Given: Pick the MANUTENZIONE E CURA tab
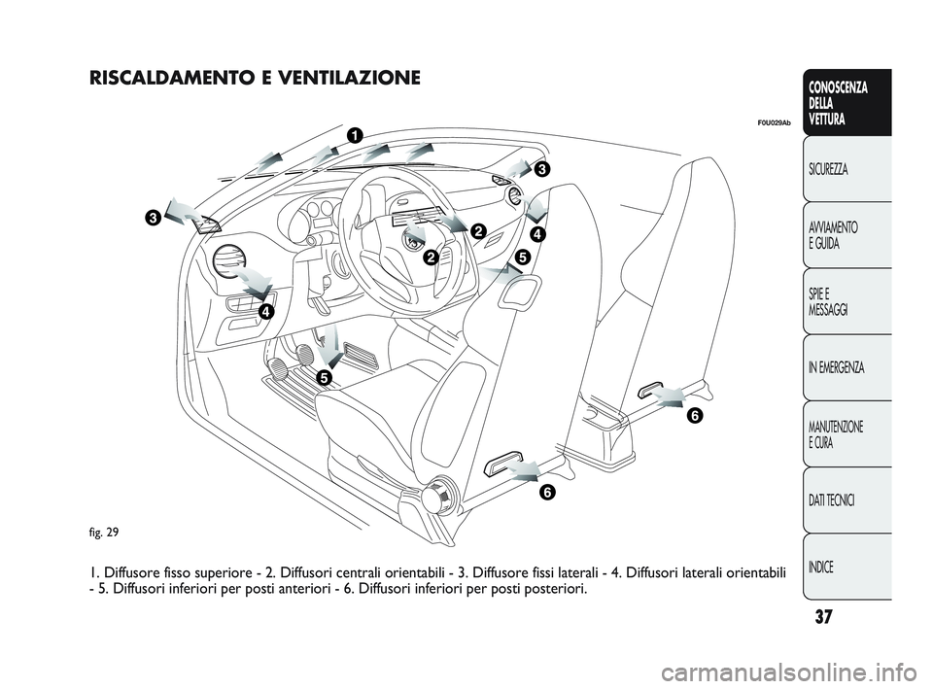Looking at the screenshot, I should click(837, 434).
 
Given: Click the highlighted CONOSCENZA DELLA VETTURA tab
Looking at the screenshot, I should click(838, 103).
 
